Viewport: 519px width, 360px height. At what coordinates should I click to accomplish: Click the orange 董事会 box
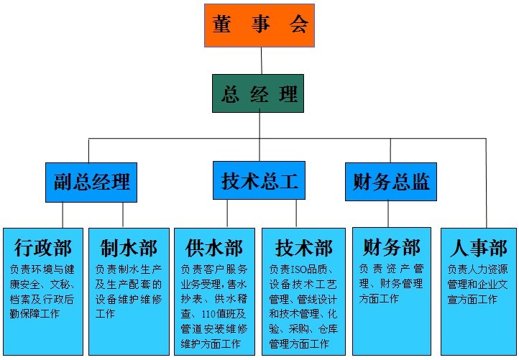[259, 26]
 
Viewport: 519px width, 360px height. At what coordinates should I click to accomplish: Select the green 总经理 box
[259, 93]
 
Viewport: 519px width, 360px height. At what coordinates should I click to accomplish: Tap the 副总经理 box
[91, 182]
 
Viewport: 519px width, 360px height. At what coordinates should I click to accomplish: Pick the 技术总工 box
[259, 180]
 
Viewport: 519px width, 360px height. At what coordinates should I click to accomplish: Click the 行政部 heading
[43, 249]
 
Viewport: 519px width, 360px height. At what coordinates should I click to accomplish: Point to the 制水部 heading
[128, 249]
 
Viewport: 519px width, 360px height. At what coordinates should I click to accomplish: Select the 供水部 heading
[214, 249]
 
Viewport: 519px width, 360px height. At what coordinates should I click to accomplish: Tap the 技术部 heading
[304, 249]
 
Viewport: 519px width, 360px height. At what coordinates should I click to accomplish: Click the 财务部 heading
[392, 248]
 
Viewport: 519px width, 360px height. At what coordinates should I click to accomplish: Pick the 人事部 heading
[478, 249]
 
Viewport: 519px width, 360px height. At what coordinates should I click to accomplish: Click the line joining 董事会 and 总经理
[261, 60]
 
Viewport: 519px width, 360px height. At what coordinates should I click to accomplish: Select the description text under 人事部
[478, 284]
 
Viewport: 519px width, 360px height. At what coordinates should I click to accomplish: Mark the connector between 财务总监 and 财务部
[388, 213]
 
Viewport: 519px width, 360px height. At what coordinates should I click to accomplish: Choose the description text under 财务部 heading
[392, 284]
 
